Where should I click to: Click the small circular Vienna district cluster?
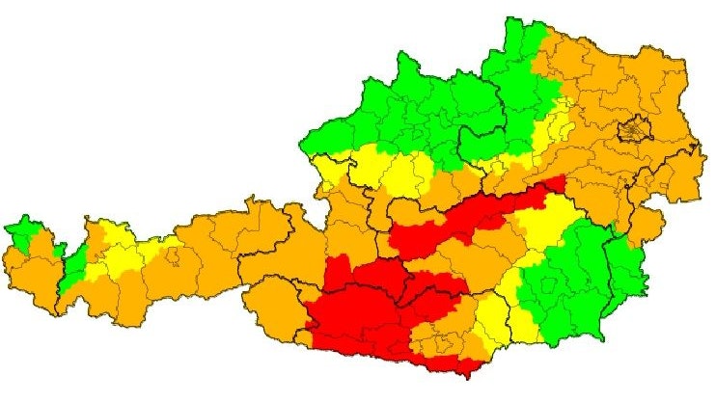click(x=634, y=128)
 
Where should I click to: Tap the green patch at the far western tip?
click(x=24, y=231)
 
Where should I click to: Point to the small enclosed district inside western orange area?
click(x=173, y=257)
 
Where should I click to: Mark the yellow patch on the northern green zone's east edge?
click(x=555, y=121)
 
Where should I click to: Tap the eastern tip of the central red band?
click(x=557, y=182)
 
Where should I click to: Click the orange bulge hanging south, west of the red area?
click(x=275, y=308)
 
